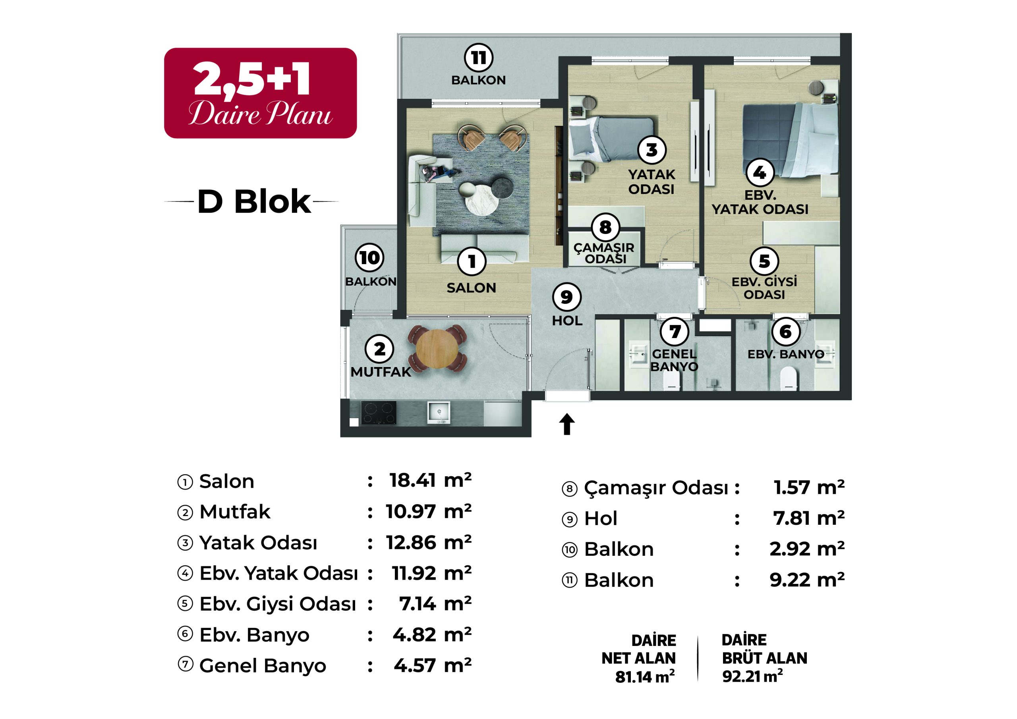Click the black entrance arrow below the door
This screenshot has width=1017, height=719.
pos(567,424)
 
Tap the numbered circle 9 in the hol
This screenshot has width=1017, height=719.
pos(567,296)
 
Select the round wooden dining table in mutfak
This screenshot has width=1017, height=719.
pos(437,349)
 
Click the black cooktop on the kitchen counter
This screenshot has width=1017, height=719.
pos(378,412)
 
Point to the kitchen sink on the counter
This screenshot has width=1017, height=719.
pos(438,412)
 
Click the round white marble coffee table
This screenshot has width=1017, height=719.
pos(481,200)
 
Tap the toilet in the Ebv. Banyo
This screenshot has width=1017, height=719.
pos(789,379)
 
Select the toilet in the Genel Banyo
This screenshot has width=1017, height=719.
pos(671,380)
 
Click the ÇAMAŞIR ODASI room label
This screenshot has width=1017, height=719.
pos(604,253)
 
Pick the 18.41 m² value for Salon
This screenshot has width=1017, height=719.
pos(430,481)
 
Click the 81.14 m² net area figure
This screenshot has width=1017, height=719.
pos(644,676)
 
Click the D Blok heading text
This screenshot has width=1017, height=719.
pos(254,202)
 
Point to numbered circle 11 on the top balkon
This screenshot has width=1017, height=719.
pos(478,58)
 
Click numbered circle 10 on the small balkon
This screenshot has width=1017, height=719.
pos(369,257)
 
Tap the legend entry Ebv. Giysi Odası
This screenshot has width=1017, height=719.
pos(277,604)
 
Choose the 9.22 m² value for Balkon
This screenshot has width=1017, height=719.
pos(806,580)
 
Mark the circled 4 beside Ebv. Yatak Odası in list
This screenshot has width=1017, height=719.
pos(185,573)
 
